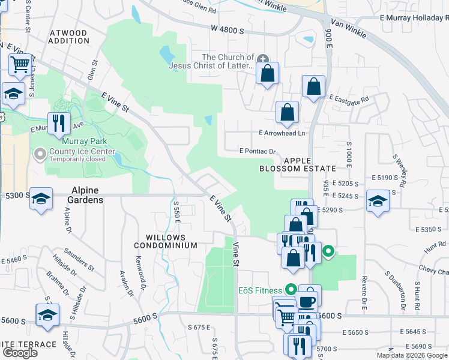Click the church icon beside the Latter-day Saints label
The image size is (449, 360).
(262, 59)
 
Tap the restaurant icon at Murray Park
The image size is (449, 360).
(59, 124)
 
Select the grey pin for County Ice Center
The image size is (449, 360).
(40, 155)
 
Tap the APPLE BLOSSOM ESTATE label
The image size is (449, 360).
(295, 165)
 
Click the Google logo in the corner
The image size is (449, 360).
(20, 353)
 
